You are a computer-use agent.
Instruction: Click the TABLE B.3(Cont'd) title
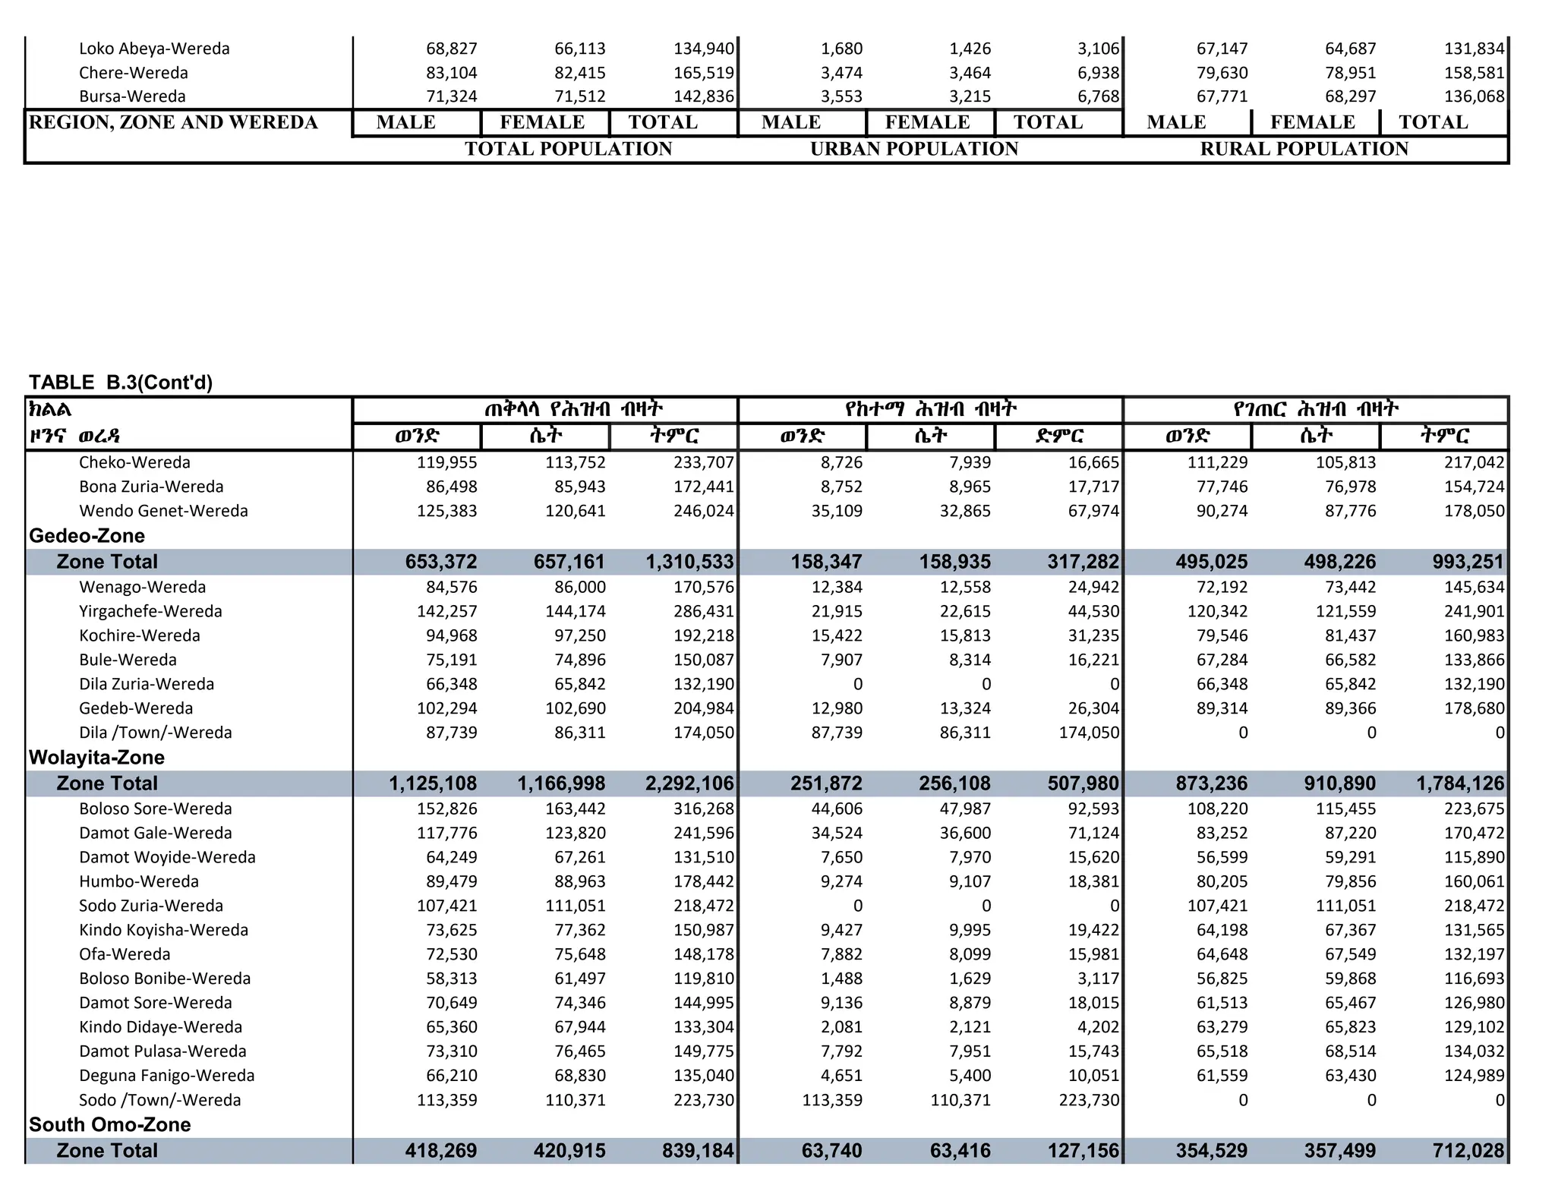121,383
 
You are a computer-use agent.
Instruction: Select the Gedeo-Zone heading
87,536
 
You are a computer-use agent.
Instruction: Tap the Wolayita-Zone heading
96,758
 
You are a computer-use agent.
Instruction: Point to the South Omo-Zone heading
109,1124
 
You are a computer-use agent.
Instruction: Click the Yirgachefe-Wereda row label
150,611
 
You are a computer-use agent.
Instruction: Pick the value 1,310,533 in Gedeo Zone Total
689,562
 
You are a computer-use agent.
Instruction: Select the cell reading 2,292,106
689,783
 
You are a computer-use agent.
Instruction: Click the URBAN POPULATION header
914,149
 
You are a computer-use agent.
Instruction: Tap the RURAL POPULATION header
1304,149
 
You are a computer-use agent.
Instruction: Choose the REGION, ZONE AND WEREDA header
173,122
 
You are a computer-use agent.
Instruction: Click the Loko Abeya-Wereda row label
154,49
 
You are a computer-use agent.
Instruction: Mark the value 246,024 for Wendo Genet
704,511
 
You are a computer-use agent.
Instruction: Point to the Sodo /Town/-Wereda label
159,1100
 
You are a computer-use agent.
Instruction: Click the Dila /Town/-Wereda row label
155,733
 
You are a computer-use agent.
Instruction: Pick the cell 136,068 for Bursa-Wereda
1474,96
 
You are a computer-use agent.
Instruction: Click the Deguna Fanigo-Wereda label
166,1076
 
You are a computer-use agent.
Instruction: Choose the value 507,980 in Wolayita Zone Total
1083,783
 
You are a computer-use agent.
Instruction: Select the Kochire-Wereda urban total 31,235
1093,635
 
